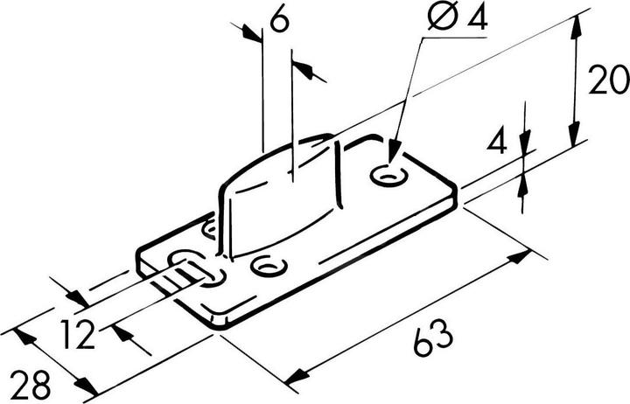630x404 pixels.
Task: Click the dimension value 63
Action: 433,338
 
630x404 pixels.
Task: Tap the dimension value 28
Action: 31,385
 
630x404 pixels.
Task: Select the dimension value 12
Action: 78,334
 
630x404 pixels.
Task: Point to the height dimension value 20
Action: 609,80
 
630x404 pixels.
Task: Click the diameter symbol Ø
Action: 442,17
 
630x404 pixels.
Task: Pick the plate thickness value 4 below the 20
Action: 497,141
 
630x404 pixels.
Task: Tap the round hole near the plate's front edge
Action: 268,266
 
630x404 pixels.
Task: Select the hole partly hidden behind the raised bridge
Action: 210,229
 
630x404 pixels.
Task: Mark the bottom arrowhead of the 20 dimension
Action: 575,133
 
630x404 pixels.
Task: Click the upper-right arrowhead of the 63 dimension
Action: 520,256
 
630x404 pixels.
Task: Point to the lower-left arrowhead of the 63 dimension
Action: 296,377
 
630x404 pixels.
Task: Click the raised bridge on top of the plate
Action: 281,192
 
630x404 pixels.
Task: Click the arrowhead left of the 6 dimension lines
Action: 252,34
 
